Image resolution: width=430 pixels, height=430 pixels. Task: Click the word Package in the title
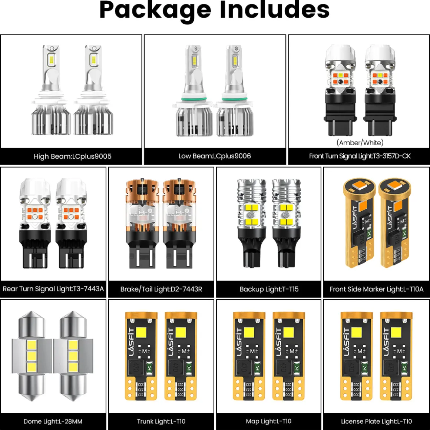coord(155,10)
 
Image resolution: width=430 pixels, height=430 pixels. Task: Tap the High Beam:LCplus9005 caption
coord(72,156)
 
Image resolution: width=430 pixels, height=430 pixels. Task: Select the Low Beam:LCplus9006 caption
coord(215,156)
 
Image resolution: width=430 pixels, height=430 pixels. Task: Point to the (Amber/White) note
coord(360,143)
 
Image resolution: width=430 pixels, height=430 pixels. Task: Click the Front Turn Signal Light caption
coord(360,156)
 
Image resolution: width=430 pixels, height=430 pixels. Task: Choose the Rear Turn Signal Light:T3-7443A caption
coord(53,289)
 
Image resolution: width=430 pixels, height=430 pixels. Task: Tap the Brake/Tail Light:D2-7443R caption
coord(161,289)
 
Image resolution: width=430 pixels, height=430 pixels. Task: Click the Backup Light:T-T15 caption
coord(269,289)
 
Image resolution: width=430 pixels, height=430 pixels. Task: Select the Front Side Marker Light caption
coord(377,289)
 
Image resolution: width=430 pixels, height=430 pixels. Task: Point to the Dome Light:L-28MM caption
coord(53,421)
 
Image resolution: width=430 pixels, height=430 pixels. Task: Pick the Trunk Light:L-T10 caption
coord(161,421)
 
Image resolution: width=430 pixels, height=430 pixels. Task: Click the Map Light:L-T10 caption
coord(269,421)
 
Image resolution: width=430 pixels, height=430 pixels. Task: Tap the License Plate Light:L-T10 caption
coord(377,421)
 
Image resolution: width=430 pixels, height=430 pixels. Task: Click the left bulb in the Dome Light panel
coord(32,356)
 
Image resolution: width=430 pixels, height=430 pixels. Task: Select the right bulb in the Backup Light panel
coord(286,223)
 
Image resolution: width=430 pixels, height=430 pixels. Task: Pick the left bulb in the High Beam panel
coord(51,90)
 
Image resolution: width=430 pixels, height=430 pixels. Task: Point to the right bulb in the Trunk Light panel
coord(181,356)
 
